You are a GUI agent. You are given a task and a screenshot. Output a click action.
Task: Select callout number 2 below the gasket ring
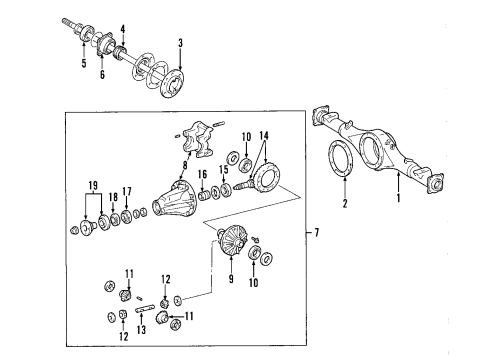click(346, 206)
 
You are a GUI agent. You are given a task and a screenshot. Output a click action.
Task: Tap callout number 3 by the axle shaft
click(180, 43)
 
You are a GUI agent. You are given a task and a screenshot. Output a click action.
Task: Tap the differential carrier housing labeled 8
click(180, 206)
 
